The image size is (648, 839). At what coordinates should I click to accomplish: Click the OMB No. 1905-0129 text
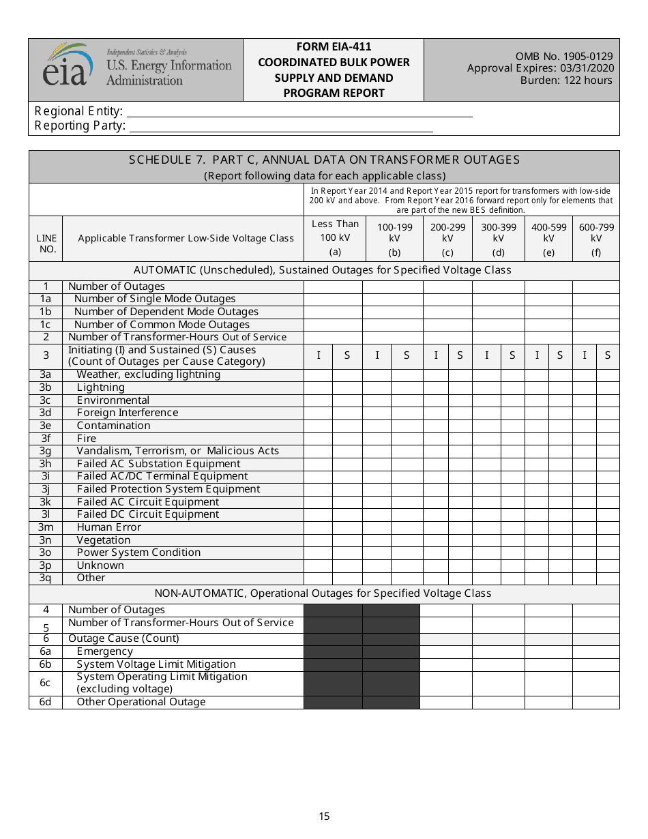564,57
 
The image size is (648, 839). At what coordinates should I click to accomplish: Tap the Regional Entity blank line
299,113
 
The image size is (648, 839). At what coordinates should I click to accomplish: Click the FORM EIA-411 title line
334,47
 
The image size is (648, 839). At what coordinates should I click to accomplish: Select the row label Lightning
100,387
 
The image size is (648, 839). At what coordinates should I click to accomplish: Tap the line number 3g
45,451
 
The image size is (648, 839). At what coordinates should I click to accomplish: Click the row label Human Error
108,527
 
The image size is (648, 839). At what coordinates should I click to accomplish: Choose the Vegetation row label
103,540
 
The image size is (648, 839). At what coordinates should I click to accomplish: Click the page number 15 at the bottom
324,816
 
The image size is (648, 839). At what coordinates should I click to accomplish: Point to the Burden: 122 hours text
566,80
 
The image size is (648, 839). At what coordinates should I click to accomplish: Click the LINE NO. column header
46,244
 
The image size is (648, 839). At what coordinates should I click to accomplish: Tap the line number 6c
45,683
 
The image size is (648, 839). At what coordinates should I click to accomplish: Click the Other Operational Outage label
141,702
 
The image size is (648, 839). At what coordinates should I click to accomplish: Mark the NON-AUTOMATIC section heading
323,593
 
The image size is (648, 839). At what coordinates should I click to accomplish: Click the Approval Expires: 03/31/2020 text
540,68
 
